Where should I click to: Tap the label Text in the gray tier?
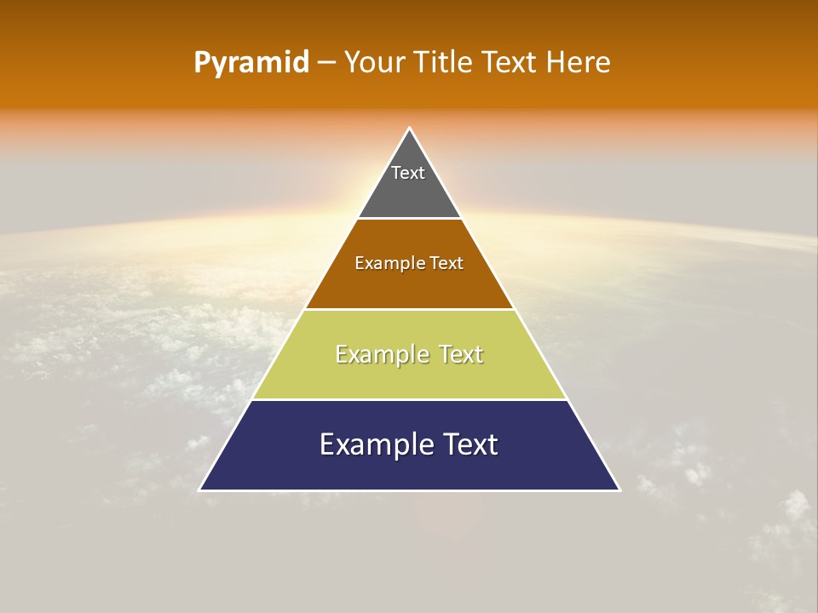point(408,173)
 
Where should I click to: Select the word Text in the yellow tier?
point(461,354)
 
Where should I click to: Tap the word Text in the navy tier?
point(469,444)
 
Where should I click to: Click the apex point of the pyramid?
point(409,129)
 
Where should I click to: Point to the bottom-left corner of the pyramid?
point(200,490)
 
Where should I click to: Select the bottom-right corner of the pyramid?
point(619,490)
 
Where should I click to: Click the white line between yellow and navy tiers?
point(409,399)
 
